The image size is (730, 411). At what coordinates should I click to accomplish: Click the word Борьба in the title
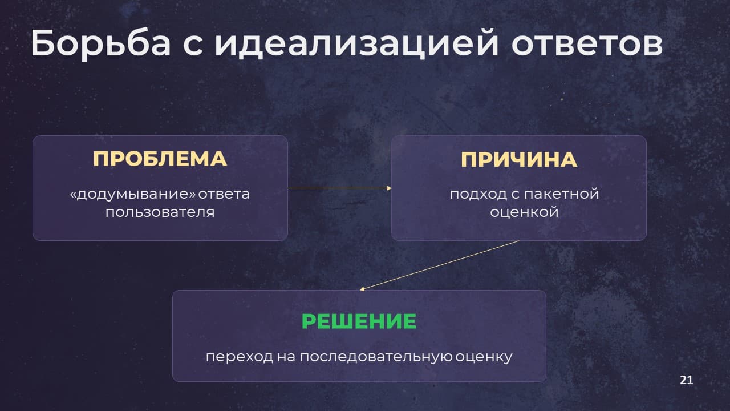click(x=101, y=44)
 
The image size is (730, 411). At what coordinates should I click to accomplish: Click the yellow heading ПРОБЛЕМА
click(x=160, y=159)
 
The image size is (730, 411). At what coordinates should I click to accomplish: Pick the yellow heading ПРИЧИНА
click(x=519, y=159)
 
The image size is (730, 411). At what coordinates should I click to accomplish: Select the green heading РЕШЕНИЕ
click(x=359, y=321)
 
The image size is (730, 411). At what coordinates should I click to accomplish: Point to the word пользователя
click(x=160, y=212)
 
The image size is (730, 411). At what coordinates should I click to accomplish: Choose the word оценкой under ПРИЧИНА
click(x=524, y=212)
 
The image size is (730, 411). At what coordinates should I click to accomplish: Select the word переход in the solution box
click(x=240, y=357)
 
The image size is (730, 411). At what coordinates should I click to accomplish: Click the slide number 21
click(x=686, y=380)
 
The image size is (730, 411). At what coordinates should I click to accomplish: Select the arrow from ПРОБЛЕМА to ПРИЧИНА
click(x=339, y=188)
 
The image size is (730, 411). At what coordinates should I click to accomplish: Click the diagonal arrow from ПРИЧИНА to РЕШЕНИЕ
click(x=439, y=265)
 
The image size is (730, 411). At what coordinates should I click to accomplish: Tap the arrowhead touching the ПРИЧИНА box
click(x=389, y=188)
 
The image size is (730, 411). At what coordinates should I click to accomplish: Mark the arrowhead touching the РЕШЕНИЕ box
click(x=362, y=289)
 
